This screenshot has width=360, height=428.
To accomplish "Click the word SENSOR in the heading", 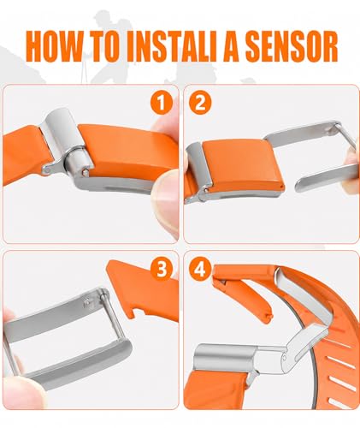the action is (x=292, y=46).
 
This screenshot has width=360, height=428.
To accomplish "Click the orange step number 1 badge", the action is (x=162, y=103).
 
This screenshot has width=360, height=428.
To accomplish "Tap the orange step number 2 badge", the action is (x=200, y=103).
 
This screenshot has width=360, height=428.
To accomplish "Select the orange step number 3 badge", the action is (x=162, y=269).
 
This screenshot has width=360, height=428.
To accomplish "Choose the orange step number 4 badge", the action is (x=200, y=269).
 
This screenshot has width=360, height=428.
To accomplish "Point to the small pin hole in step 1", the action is (x=85, y=172).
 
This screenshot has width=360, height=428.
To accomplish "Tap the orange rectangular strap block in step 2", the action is (x=242, y=165).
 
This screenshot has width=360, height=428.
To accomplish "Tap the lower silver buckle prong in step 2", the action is (x=325, y=178).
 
